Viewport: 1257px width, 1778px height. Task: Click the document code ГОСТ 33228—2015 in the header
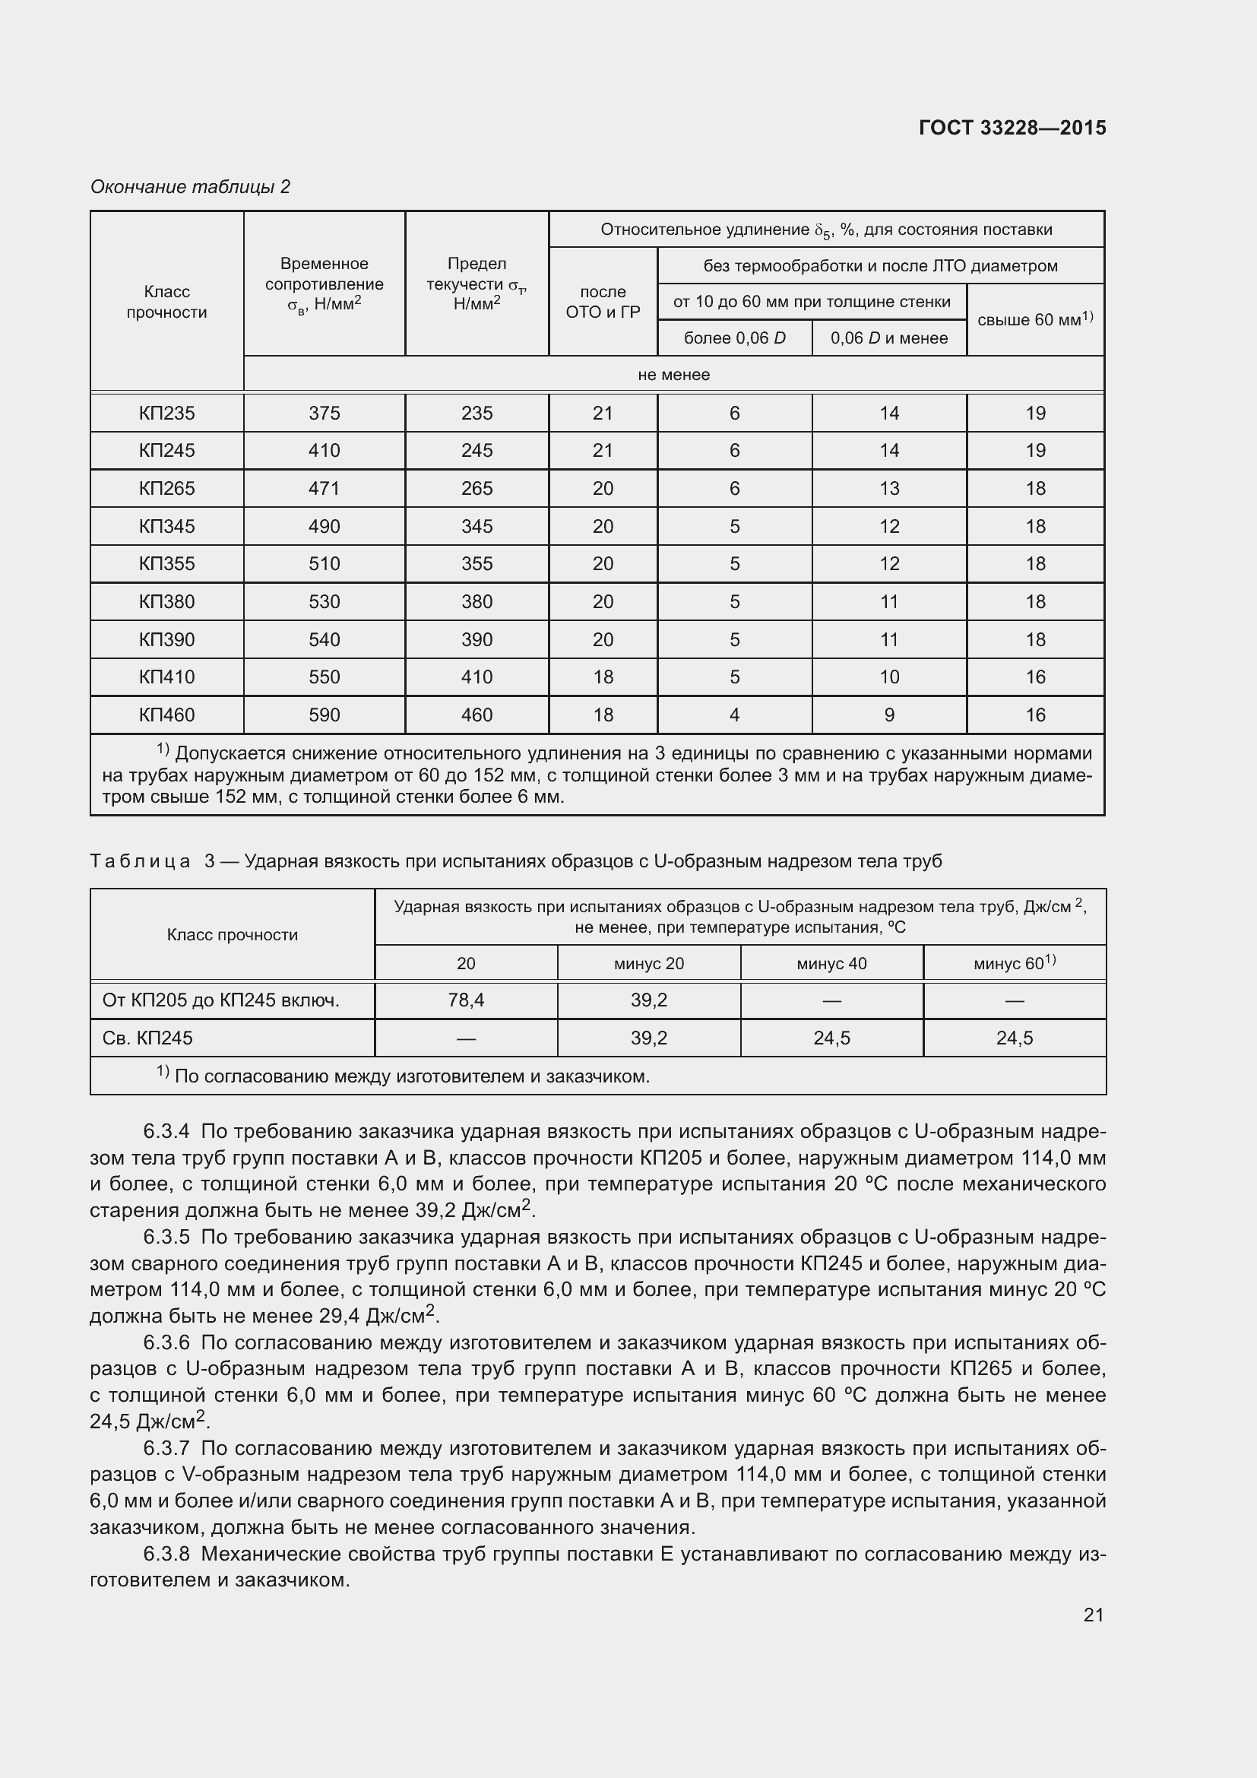point(1012,128)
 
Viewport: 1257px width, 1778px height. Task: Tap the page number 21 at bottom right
point(1093,1615)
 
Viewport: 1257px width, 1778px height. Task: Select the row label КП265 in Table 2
point(166,489)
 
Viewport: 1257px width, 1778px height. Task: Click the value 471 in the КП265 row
point(324,489)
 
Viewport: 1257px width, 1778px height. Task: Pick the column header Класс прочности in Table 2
point(166,302)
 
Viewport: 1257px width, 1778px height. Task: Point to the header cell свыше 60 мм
point(1034,319)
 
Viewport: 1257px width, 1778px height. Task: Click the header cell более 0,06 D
point(734,338)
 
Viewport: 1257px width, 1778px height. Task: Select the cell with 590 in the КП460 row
point(324,715)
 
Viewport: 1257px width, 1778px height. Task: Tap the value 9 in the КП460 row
point(888,715)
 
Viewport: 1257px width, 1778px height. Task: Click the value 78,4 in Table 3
point(465,1000)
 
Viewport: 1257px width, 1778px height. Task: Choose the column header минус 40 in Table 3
point(831,963)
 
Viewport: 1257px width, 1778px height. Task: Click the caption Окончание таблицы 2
point(190,187)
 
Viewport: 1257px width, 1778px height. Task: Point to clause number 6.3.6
point(166,1342)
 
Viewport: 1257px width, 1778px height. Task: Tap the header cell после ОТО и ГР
point(602,302)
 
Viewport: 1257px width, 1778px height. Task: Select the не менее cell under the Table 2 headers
point(673,375)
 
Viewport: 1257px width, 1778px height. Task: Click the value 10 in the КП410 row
point(888,677)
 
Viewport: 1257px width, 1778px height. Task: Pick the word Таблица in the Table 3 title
point(140,861)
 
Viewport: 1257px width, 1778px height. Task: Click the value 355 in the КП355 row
point(476,564)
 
